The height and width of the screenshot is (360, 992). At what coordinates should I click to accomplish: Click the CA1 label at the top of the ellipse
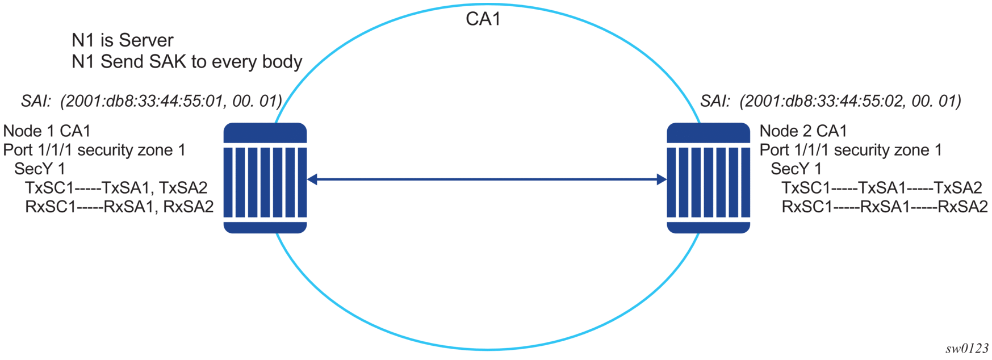click(483, 19)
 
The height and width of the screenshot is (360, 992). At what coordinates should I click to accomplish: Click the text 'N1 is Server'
click(122, 40)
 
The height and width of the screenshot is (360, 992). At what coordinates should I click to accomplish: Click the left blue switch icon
click(265, 178)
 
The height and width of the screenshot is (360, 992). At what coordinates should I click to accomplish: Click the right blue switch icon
click(708, 178)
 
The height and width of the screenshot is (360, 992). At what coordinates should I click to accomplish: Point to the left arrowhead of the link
click(312, 179)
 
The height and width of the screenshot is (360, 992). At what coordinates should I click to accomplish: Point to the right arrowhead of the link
click(662, 179)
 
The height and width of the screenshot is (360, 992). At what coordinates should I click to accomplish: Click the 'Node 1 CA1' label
click(47, 131)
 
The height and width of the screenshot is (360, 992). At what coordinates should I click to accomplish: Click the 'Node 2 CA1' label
click(803, 131)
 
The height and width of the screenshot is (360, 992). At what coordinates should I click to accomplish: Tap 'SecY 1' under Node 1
click(39, 169)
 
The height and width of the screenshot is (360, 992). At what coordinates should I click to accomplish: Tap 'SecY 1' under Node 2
click(796, 169)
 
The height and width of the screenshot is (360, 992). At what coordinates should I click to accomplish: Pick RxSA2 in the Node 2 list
click(962, 206)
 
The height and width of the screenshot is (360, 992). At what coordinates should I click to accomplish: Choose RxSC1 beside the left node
click(50, 206)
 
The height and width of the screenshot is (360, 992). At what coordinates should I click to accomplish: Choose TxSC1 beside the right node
click(806, 187)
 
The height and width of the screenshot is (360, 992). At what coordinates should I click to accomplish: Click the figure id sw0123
click(967, 349)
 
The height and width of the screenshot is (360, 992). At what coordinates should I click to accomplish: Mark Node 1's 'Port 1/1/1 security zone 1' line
click(94, 150)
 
